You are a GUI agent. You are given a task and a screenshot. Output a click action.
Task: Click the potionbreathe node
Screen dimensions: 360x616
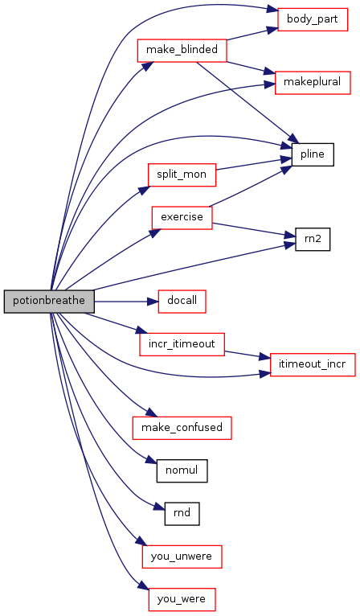[49, 302]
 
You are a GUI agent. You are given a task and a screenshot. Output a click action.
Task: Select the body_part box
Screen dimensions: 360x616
[313, 19]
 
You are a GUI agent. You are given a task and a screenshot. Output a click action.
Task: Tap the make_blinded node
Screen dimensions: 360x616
[182, 51]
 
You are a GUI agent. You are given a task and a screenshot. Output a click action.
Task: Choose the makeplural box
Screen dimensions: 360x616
[313, 83]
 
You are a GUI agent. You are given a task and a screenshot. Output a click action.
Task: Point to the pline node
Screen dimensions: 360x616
[313, 154]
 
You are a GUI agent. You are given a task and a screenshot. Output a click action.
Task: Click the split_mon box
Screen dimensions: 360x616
[182, 175]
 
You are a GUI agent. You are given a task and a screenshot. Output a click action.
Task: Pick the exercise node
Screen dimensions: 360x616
[182, 217]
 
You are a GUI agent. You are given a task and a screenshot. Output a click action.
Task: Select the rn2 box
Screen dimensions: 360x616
[313, 239]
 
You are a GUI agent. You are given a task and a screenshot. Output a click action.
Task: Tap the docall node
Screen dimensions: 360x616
[182, 302]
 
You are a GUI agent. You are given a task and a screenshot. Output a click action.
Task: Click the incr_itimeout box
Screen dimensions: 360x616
[182, 344]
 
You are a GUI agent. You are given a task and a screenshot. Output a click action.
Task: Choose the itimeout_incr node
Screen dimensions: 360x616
[313, 364]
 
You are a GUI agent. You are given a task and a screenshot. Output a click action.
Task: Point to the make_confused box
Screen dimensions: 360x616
[182, 428]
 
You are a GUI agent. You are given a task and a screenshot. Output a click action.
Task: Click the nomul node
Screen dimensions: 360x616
[182, 470]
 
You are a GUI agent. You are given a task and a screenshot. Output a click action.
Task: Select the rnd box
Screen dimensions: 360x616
[182, 513]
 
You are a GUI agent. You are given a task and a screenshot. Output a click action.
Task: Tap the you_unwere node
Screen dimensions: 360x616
[182, 556]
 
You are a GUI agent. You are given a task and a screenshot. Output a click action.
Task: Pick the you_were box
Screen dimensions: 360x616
[182, 599]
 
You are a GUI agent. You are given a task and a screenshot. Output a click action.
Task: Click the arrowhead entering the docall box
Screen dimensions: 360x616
[153, 302]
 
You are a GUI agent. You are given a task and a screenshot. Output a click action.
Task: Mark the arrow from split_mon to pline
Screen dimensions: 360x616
[254, 164]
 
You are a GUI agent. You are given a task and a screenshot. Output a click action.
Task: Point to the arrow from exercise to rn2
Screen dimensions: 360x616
[254, 230]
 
